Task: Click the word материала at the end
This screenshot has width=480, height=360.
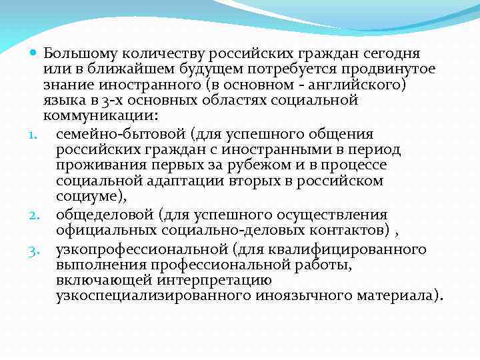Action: click(401, 296)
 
